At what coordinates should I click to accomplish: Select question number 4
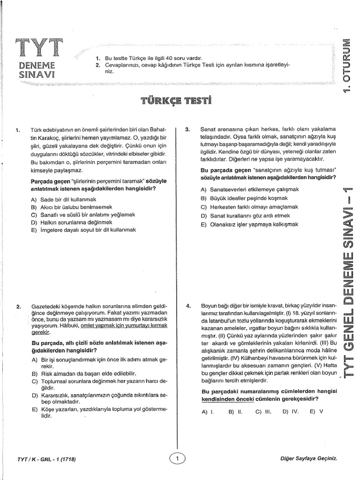(x=187, y=307)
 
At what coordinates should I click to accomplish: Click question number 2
(x=18, y=307)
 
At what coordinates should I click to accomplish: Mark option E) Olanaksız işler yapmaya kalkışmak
(x=249, y=225)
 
